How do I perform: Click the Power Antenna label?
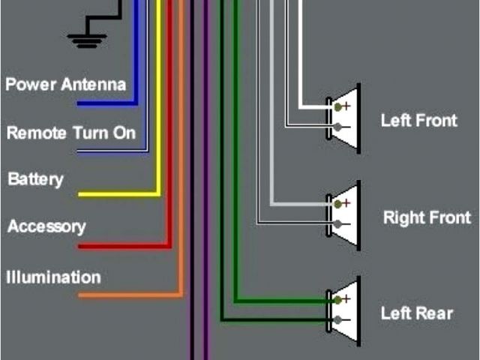pyautogui.click(x=66, y=84)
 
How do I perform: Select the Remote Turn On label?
pyautogui.click(x=71, y=133)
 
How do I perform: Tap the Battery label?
pyautogui.click(x=35, y=180)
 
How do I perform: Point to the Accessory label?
pyautogui.click(x=46, y=226)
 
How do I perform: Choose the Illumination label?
pyautogui.click(x=53, y=277)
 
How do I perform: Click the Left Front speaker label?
pyautogui.click(x=418, y=120)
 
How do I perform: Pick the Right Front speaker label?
pyautogui.click(x=427, y=218)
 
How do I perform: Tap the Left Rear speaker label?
pyautogui.click(x=416, y=313)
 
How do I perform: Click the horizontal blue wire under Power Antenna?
pyautogui.click(x=105, y=103)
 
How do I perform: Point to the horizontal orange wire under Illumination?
pyautogui.click(x=127, y=295)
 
